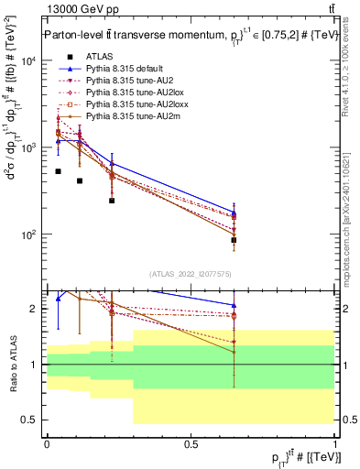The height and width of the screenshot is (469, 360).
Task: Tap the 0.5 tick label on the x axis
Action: [191, 443]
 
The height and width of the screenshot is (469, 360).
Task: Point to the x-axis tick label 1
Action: [334, 443]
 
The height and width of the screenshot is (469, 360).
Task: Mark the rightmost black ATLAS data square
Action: [235, 240]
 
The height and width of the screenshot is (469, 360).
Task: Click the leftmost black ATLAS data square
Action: [58, 171]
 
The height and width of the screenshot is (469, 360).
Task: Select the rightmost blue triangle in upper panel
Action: [235, 213]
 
